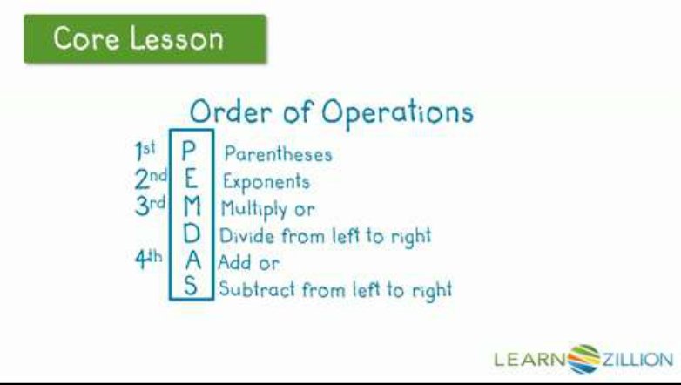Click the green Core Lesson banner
tap(145, 38)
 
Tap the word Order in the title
tap(227, 112)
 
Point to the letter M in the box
tap(192, 208)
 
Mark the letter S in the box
tap(192, 287)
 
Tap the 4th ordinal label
tap(148, 260)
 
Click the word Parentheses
tap(278, 155)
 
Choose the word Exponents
tap(266, 183)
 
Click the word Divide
tap(244, 236)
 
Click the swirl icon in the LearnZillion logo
tap(583, 358)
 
